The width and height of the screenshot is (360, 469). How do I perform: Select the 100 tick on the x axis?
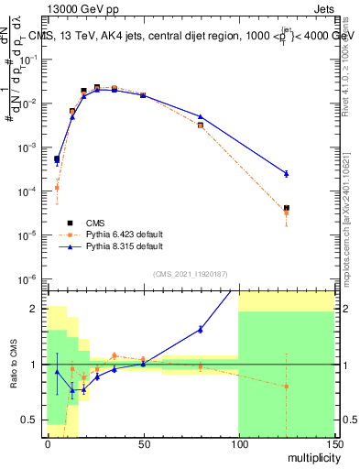click(238, 442)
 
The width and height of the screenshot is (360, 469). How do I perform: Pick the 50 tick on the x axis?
click(143, 442)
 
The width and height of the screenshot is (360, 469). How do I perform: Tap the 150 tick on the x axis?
click(333, 442)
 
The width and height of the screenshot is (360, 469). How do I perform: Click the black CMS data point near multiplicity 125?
click(287, 208)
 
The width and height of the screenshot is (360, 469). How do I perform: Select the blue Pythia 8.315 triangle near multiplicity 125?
click(287, 173)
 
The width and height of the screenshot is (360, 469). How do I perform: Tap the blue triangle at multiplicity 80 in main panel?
click(201, 116)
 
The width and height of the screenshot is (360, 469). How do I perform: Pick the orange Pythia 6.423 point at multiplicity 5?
click(57, 188)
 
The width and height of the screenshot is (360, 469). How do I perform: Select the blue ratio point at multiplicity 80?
click(201, 329)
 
